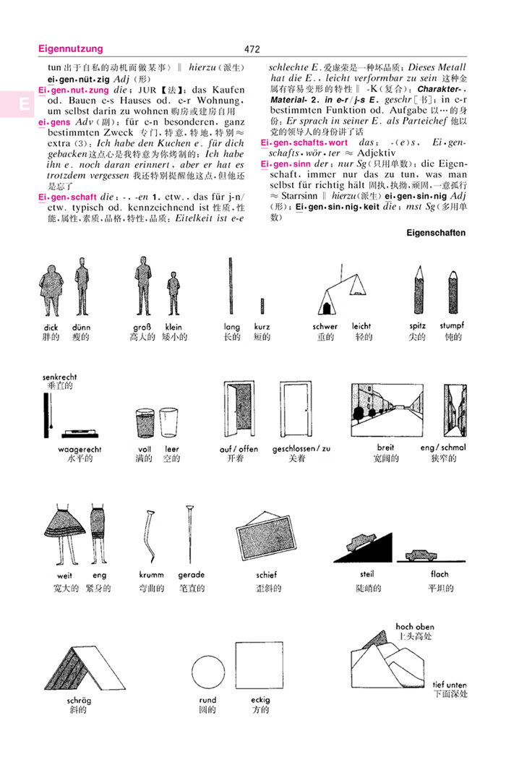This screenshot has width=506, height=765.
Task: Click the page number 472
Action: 252,50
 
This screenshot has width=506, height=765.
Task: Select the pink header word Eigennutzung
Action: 70,49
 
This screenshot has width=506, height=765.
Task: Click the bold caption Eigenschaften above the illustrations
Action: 437,233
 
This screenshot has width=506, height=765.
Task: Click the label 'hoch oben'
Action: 415,626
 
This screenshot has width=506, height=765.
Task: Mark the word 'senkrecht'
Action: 59,377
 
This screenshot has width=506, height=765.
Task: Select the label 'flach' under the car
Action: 439,574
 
